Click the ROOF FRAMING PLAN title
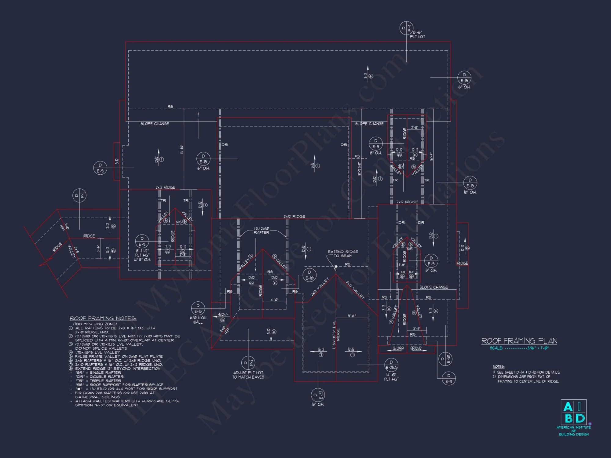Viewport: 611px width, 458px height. click(x=519, y=341)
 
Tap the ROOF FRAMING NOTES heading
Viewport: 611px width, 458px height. click(x=103, y=318)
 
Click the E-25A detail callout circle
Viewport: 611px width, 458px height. click(x=391, y=365)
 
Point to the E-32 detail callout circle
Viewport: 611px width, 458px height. click(x=318, y=395)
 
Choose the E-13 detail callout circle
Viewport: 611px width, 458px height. click(x=198, y=308)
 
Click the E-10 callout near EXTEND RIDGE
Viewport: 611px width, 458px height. click(x=309, y=275)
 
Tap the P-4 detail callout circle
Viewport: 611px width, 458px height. click(x=406, y=28)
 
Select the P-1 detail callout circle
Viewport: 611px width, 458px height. click(x=79, y=195)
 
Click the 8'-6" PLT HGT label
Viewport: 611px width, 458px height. click(x=418, y=35)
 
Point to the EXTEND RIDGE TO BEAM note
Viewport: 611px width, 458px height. click(x=343, y=254)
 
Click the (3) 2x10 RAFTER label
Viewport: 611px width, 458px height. click(x=262, y=231)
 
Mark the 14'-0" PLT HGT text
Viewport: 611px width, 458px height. click(x=391, y=377)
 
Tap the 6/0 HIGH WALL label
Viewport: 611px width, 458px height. click(x=198, y=320)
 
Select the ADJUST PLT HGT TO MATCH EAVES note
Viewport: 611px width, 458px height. click(x=248, y=375)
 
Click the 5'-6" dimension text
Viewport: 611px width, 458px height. click(x=352, y=316)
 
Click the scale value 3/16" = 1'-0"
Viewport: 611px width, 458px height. click(x=538, y=348)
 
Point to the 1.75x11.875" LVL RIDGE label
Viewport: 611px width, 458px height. click(x=336, y=335)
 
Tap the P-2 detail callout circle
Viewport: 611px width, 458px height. click(x=248, y=363)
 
